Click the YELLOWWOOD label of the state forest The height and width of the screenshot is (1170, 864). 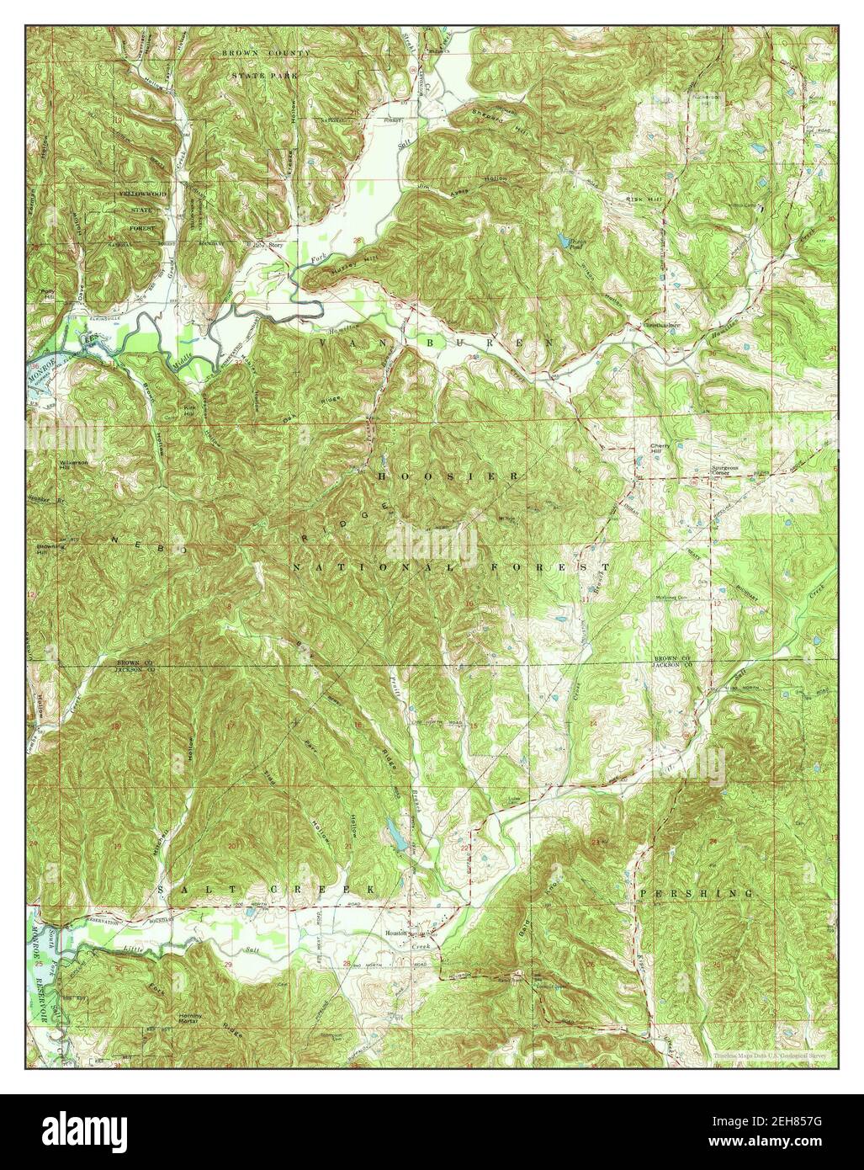[x=142, y=194]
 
